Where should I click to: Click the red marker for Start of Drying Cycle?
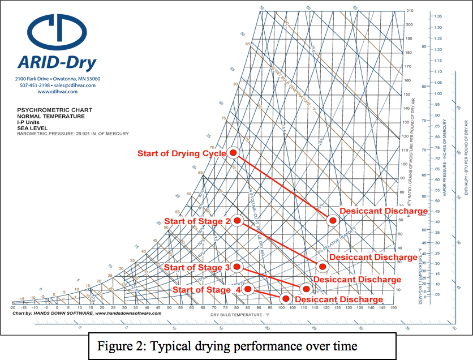(233, 153)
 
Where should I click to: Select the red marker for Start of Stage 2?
(238, 221)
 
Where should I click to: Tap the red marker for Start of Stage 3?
(237, 266)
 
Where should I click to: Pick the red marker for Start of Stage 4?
(248, 289)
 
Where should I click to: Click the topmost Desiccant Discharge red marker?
(333, 219)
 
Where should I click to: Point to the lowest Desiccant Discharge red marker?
(286, 298)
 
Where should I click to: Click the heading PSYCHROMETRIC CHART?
(54, 110)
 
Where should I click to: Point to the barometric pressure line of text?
(73, 134)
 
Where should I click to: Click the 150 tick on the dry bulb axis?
(392, 308)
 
